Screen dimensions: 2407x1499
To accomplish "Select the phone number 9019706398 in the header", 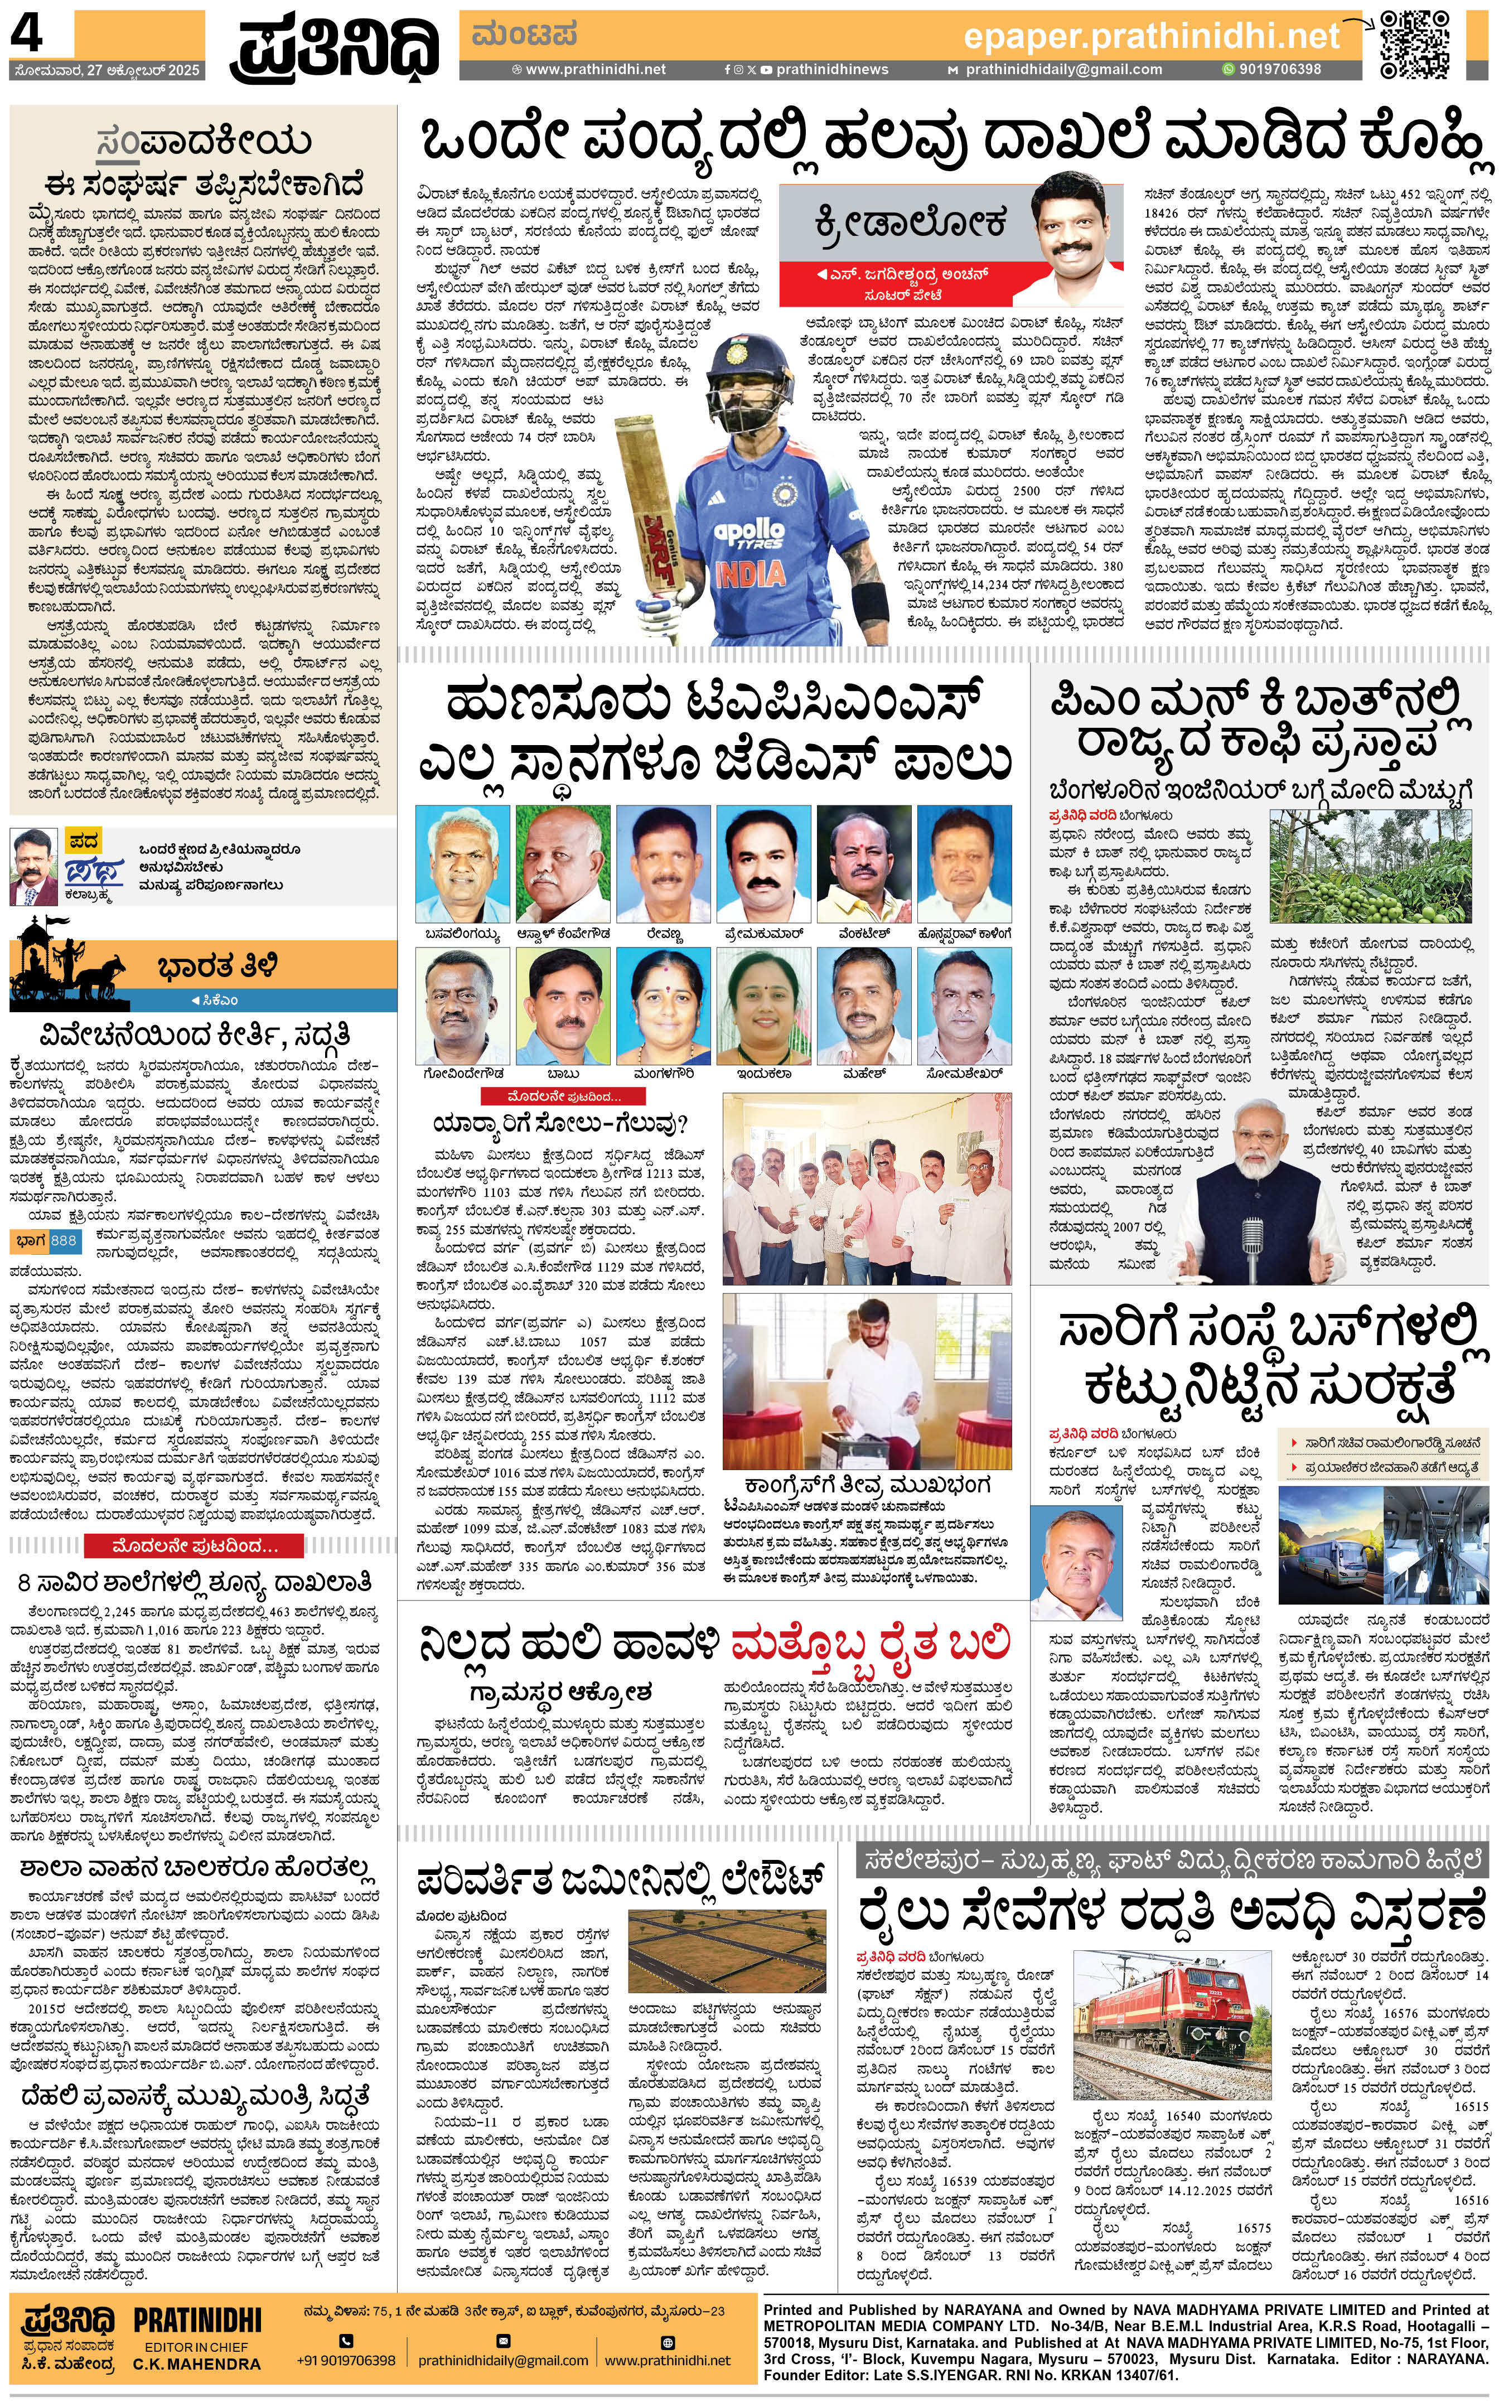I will [x=1279, y=69].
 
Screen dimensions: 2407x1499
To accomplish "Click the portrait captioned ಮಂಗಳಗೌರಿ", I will [x=663, y=1006].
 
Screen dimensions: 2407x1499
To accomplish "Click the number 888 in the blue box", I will [x=64, y=1240].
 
